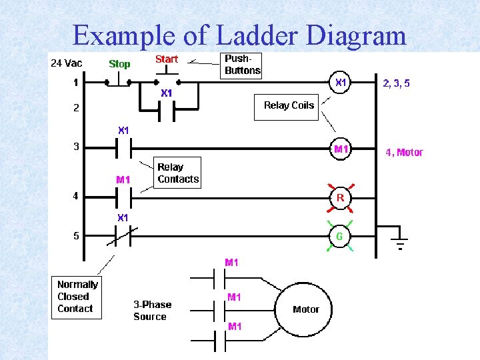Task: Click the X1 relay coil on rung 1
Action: [340, 83]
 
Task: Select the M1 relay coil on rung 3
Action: [341, 149]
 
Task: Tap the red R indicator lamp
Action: [340, 197]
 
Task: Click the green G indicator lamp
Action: [340, 236]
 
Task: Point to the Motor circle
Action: [305, 309]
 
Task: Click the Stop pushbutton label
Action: [119, 64]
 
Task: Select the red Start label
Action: [166, 59]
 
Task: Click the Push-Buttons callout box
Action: [243, 65]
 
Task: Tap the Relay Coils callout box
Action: [288, 105]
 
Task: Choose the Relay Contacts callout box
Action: [177, 173]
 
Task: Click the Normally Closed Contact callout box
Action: [77, 297]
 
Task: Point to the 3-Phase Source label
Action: [152, 311]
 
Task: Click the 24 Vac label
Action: [67, 63]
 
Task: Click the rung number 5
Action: [76, 235]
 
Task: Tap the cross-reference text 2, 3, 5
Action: [396, 84]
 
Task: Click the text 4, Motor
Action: [404, 152]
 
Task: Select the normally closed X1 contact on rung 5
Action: [123, 236]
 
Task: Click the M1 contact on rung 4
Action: [123, 197]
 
